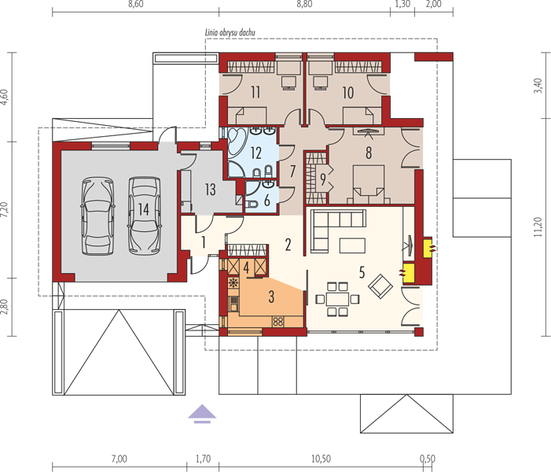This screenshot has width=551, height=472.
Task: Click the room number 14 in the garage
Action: tap(143, 209)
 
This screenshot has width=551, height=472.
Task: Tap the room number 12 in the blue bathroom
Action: tap(255, 153)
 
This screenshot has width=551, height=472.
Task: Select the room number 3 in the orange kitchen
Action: tap(271, 297)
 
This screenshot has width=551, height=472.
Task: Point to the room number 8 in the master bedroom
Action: tap(369, 153)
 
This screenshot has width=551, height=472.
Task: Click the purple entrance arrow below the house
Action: tap(202, 413)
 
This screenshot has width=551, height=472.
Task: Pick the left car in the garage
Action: tap(97, 216)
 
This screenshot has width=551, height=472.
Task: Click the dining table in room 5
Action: tap(337, 299)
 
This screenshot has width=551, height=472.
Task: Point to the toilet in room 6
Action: tap(252, 204)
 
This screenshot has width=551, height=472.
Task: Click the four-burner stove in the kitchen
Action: tap(278, 321)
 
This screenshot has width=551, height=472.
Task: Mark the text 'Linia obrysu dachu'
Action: tap(230, 33)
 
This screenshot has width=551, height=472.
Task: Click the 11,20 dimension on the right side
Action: tap(538, 227)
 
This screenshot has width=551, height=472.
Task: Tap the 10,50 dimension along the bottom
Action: tap(321, 459)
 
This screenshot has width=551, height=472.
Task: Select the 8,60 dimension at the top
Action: tap(136, 4)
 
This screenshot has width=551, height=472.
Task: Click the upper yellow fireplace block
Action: tap(428, 249)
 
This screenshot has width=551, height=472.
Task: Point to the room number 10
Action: tap(348, 93)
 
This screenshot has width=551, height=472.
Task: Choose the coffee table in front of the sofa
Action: tap(352, 245)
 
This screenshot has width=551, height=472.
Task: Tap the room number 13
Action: tap(210, 190)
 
